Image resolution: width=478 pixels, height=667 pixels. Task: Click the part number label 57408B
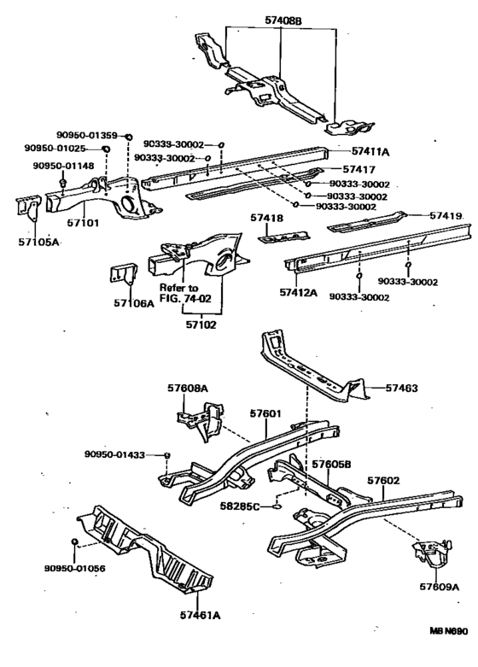coord(283,20)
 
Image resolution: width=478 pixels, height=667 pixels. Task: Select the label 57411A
coord(370,151)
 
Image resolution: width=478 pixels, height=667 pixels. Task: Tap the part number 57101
coord(84,222)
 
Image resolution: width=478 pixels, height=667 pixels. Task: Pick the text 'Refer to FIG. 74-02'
coord(185,293)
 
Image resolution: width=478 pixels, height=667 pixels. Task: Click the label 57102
coord(201,325)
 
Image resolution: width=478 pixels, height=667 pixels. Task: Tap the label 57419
coord(446,216)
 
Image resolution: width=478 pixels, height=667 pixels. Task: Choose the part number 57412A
coord(299,292)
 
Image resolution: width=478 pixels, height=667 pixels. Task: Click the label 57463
coord(402,388)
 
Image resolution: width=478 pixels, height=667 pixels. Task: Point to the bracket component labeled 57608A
coord(201,420)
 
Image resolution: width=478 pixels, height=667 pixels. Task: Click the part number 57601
coord(265,413)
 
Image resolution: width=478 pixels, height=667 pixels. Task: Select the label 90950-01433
coord(114,454)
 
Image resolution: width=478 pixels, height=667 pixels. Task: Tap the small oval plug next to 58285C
coord(277,506)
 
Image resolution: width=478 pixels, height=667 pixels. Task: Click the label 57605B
coord(331,464)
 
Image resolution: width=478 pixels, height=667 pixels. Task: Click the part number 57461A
coord(201,615)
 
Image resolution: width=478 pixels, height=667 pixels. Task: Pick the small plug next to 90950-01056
coord(74,541)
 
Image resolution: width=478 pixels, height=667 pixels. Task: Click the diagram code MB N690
coord(448,631)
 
